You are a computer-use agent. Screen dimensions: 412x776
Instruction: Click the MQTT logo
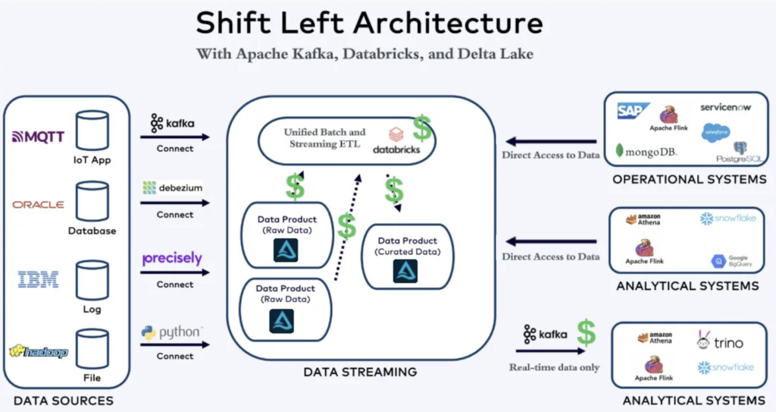click(x=39, y=137)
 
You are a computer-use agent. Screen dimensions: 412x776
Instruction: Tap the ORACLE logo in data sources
click(x=38, y=204)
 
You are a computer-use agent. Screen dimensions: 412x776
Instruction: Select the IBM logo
click(x=38, y=280)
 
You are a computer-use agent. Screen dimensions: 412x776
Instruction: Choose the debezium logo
click(x=172, y=187)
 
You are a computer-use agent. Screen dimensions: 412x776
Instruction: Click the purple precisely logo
click(x=172, y=259)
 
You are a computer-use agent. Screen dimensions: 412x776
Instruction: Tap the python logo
click(x=172, y=332)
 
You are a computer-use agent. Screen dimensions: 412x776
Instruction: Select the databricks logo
click(x=395, y=141)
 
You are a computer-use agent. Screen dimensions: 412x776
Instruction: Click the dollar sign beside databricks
click(x=422, y=129)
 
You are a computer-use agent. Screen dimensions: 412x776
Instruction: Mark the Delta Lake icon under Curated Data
click(x=405, y=271)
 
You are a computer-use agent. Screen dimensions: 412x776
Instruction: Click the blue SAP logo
click(x=634, y=112)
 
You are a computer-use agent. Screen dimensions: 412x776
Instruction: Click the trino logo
click(x=719, y=342)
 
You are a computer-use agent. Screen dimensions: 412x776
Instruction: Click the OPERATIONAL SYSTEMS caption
click(x=689, y=180)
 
